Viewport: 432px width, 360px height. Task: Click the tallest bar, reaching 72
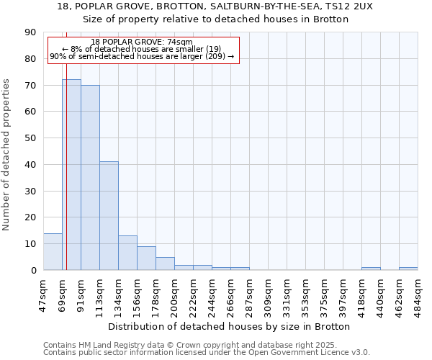click(x=71, y=175)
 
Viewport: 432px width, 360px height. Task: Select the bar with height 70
click(x=90, y=178)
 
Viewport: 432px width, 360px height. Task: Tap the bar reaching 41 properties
click(x=109, y=216)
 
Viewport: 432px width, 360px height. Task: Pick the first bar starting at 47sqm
click(x=53, y=252)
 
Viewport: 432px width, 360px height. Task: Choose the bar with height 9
click(x=146, y=258)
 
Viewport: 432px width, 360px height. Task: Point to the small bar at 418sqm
click(x=371, y=269)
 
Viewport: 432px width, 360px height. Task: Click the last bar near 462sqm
click(x=408, y=269)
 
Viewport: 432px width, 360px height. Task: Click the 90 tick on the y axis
click(x=30, y=32)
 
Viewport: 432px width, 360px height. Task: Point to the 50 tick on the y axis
click(x=30, y=138)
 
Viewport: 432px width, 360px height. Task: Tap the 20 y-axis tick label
click(x=30, y=217)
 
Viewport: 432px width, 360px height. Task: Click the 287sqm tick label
click(x=250, y=291)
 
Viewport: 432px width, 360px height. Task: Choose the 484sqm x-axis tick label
click(x=418, y=291)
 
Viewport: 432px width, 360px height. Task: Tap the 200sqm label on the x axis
click(x=175, y=291)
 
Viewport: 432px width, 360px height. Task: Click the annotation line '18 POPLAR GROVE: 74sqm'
click(x=142, y=42)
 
